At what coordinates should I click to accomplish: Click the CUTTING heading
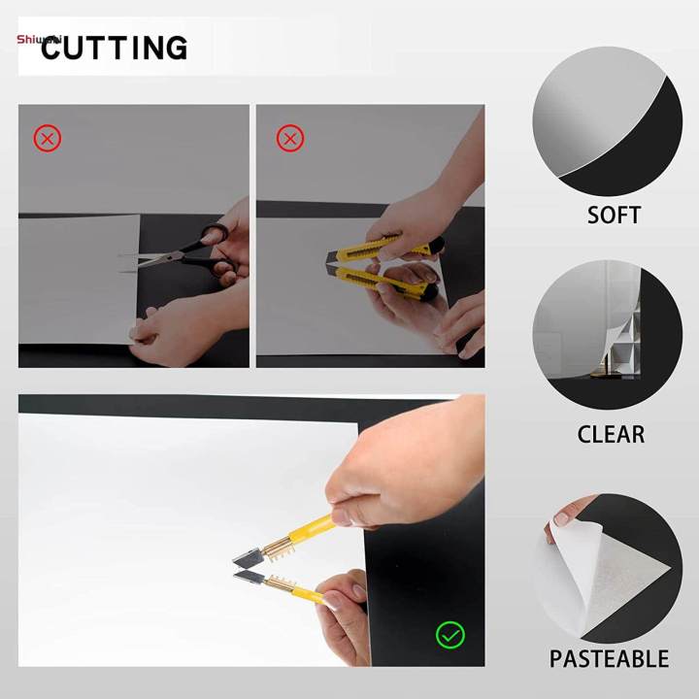coord(114,48)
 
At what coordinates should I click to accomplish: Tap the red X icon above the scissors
coord(48,139)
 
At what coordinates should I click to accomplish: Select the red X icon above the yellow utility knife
coord(290,139)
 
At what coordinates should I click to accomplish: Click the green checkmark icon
coord(449,636)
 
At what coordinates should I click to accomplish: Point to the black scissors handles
coord(216,249)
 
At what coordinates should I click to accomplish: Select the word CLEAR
coord(611,434)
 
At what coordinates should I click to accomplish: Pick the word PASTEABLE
coord(609,659)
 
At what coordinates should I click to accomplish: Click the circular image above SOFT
coord(607,120)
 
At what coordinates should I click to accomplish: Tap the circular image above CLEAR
coord(607,334)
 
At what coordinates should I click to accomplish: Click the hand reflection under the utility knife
coord(408,311)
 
